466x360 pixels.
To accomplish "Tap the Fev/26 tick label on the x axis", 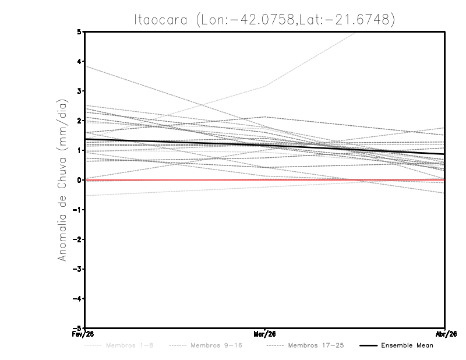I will tap(85, 334).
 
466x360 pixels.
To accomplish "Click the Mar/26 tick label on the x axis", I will tap(265, 334).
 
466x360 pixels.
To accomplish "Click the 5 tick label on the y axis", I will tap(79, 31).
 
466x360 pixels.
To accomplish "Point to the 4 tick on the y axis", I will tap(79, 61).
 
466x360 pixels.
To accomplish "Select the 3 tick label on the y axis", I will tap(79, 91).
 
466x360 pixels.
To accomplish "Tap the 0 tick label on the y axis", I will tap(79, 180).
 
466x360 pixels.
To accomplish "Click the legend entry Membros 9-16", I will tap(216, 345).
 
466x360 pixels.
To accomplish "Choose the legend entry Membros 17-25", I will tap(315, 345).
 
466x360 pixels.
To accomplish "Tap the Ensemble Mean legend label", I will tap(407, 345).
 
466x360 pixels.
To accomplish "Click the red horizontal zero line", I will tap(175, 180).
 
